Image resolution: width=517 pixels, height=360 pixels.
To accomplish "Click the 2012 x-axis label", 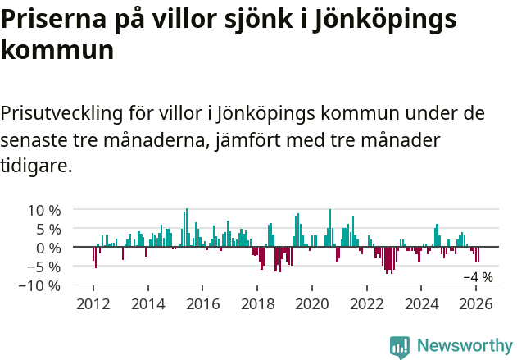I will (x=93, y=303).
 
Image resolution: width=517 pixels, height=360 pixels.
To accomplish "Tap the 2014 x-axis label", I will (x=147, y=303).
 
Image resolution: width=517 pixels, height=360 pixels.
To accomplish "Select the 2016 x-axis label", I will (x=202, y=303).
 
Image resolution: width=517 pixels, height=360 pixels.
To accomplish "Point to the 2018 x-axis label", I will (x=257, y=303).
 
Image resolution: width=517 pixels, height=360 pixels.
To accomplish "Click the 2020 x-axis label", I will (x=312, y=303).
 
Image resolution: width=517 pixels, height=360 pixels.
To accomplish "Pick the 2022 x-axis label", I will (x=367, y=303).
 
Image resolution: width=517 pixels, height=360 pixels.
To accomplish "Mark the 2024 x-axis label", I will (x=422, y=303).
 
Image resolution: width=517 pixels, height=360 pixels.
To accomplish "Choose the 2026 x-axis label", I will (x=477, y=303).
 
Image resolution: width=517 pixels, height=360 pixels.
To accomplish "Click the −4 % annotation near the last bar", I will (x=478, y=277).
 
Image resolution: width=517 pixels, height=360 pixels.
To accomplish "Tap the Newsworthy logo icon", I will (x=400, y=346).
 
